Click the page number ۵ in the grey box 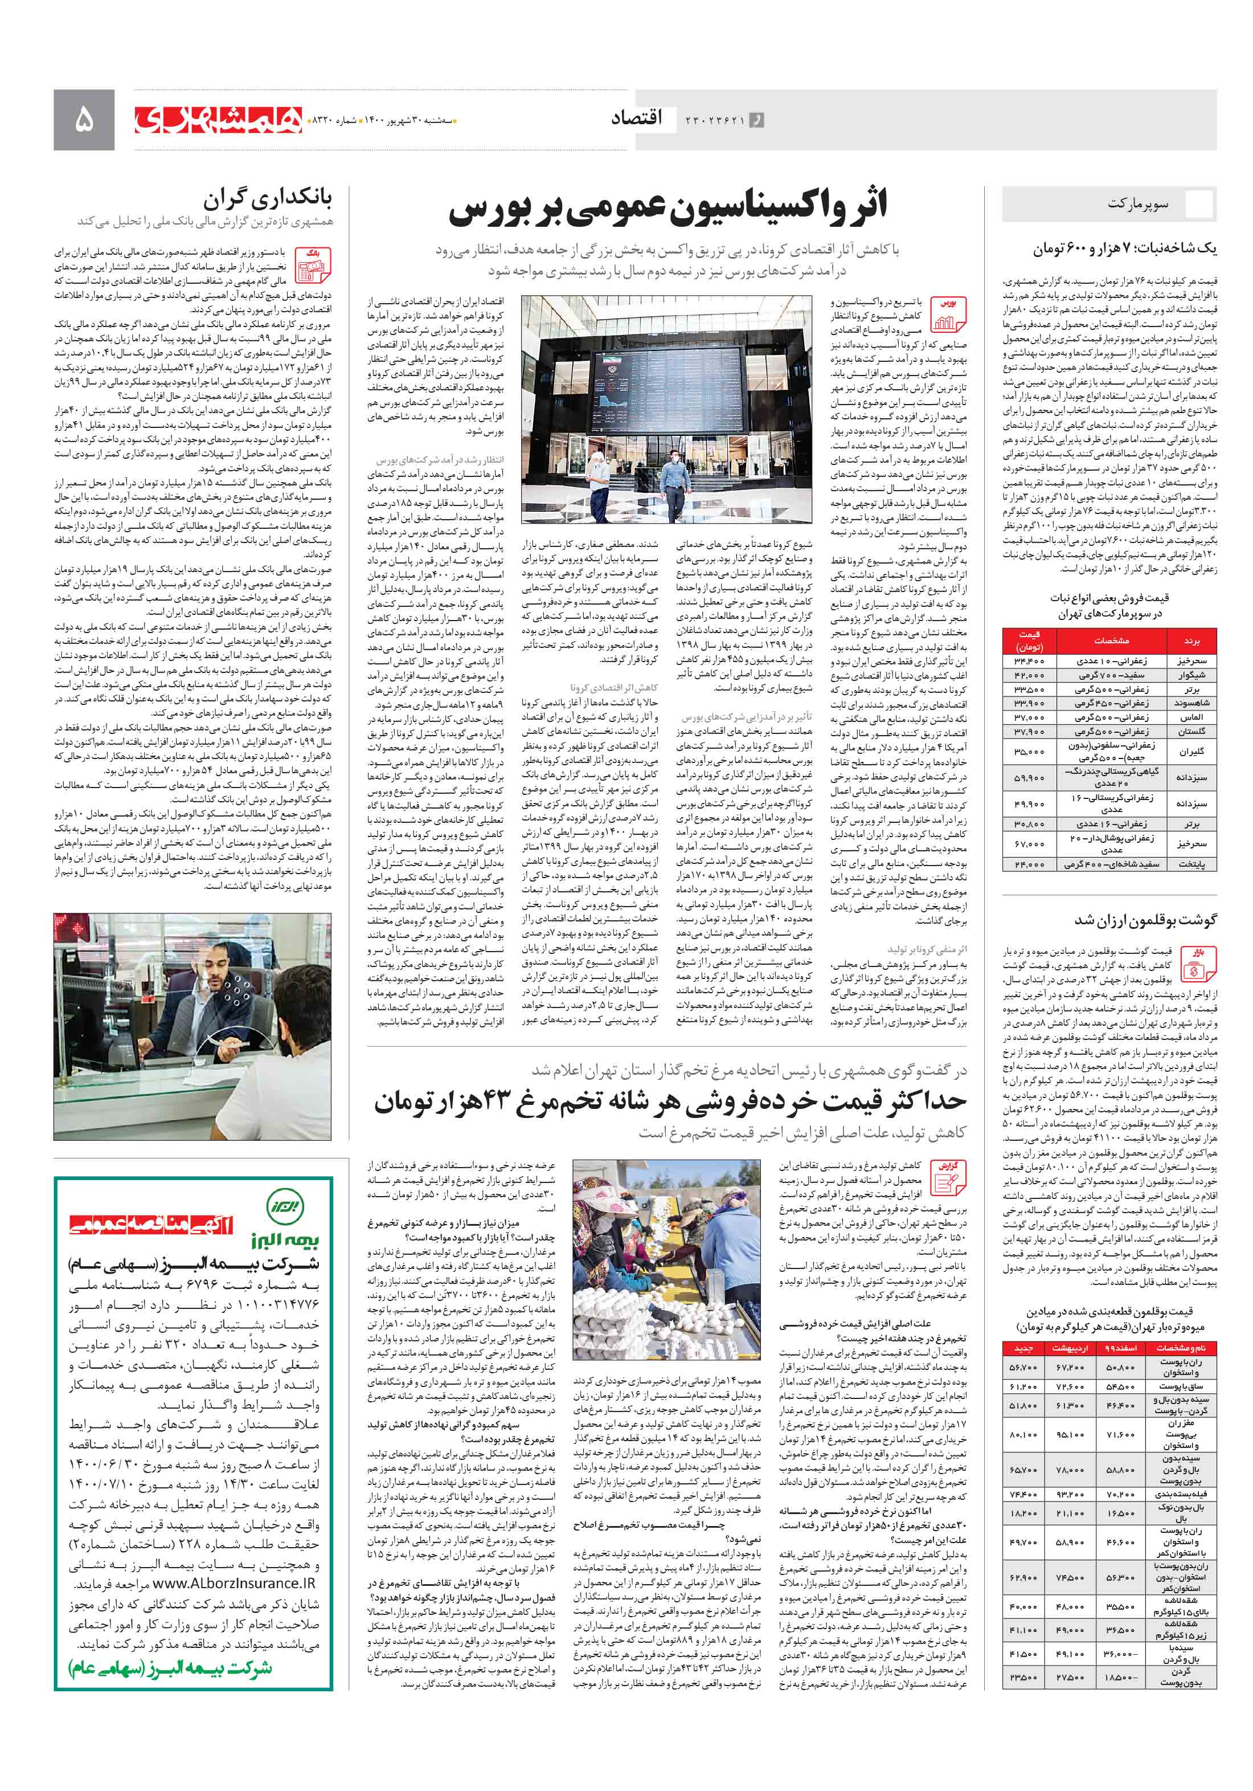pos(83,119)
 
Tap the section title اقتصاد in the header pos(636,119)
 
